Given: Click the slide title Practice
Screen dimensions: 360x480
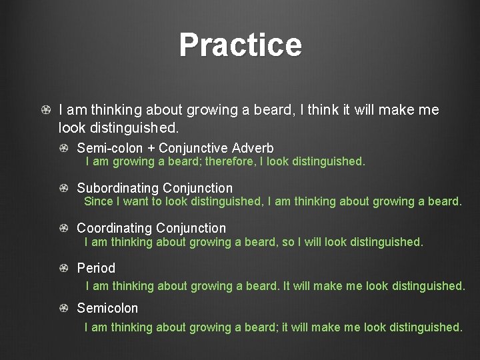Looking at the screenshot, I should pyautogui.click(x=240, y=45).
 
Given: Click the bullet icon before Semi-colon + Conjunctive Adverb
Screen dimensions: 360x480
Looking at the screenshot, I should pyautogui.click(x=63, y=148).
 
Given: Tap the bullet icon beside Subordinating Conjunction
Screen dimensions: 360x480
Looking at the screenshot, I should pyautogui.click(x=63, y=188).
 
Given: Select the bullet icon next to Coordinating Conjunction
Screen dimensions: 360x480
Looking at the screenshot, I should pyautogui.click(x=63, y=228).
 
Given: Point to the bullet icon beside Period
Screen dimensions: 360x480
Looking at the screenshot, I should pyautogui.click(x=63, y=268).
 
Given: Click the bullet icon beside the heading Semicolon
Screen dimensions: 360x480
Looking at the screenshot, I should pyautogui.click(x=63, y=308).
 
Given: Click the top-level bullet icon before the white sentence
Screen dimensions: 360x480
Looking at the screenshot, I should pyautogui.click(x=45, y=109).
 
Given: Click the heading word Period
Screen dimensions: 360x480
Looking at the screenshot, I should pyautogui.click(x=96, y=268).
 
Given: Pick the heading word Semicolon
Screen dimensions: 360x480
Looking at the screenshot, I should pyautogui.click(x=107, y=308).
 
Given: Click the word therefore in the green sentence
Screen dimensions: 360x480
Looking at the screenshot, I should pyautogui.click(x=229, y=161).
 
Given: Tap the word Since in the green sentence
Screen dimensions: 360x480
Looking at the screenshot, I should pyautogui.click(x=98, y=201).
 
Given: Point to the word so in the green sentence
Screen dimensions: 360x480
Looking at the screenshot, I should pyautogui.click(x=288, y=242).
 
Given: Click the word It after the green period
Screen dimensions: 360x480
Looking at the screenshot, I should pyautogui.click(x=287, y=286).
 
